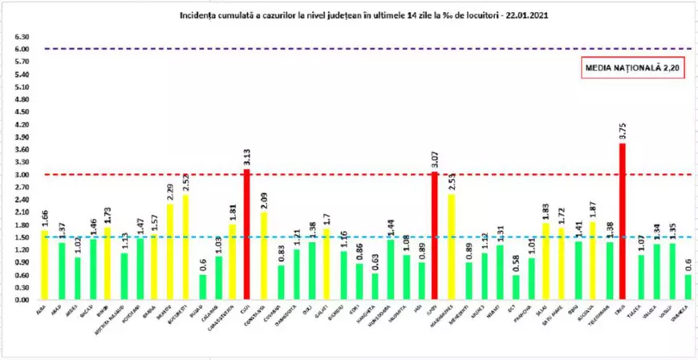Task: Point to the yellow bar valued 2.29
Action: tap(169, 252)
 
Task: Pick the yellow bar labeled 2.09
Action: tap(264, 256)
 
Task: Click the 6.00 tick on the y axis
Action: tap(22, 49)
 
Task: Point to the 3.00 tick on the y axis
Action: tap(22, 175)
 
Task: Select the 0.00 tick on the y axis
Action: tap(22, 300)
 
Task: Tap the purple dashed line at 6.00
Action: tap(361, 49)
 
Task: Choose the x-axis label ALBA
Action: tap(40, 309)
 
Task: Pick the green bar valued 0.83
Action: tap(280, 282)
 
